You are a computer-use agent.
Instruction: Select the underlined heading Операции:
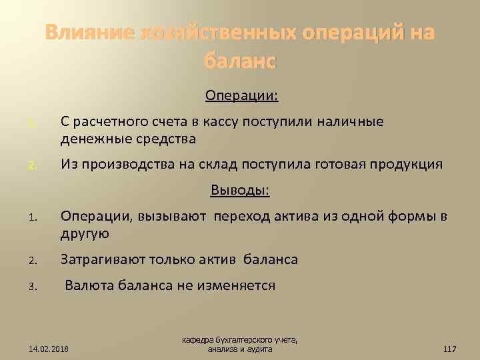tap(241, 97)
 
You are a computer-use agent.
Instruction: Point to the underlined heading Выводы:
tap(240, 191)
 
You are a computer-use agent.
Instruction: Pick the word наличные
tap(351, 122)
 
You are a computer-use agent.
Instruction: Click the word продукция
tap(406, 164)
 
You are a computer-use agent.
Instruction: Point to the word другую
tap(84, 234)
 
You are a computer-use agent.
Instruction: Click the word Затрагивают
tap(99, 259)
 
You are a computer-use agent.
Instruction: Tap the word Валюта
tap(89, 285)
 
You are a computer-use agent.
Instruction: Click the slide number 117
tap(449, 349)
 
